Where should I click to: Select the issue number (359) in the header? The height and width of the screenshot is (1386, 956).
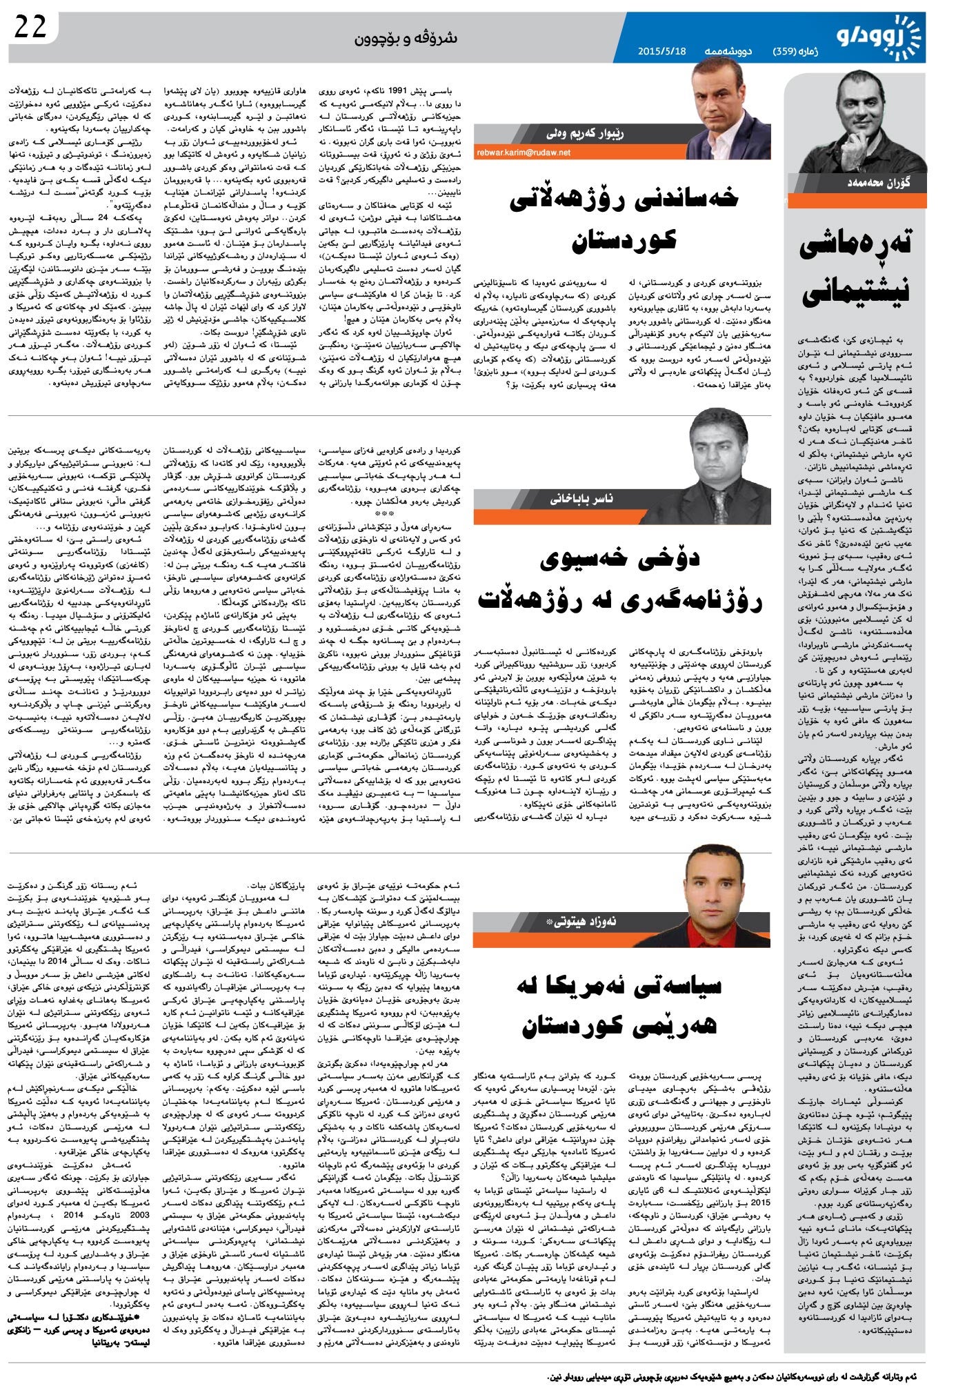[786, 51]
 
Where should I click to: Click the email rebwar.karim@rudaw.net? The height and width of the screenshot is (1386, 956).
[524, 152]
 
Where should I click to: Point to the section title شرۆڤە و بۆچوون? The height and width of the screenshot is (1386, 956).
[406, 38]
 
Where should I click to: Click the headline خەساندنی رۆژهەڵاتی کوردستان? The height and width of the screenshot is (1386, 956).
[623, 218]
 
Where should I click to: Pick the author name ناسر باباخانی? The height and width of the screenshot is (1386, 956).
[581, 498]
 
